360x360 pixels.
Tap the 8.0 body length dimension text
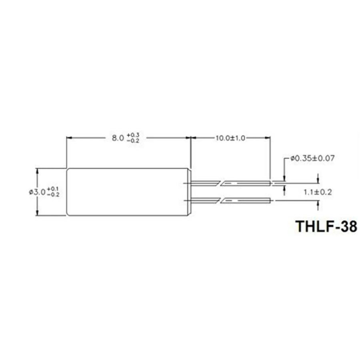pyautogui.click(x=117, y=138)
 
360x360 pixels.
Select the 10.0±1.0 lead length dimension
pyautogui.click(x=230, y=138)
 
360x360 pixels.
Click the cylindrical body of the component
pyautogui.click(x=128, y=192)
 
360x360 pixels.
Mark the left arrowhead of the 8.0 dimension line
pyautogui.click(x=69, y=138)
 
